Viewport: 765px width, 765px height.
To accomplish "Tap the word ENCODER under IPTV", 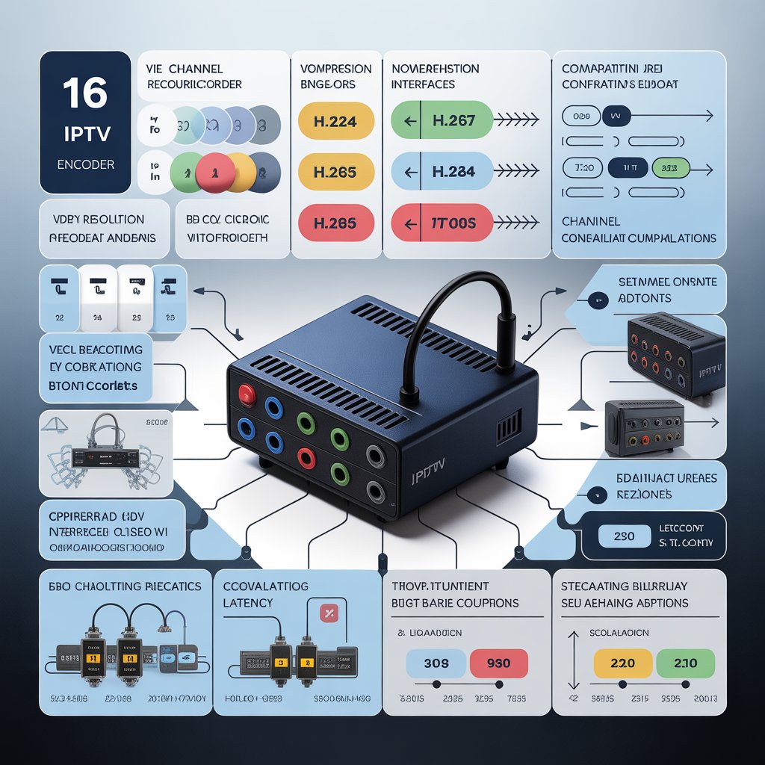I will (86, 164).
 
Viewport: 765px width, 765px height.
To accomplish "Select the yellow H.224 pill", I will (336, 121).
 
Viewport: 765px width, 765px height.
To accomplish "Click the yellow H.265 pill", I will (336, 172).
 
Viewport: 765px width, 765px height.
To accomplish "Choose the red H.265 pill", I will (336, 223).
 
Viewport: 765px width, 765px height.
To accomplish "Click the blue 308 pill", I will (436, 663).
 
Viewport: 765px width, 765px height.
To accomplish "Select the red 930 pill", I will (498, 663).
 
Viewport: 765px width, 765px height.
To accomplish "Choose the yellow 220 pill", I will (622, 663).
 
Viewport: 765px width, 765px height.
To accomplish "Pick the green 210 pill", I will (685, 663).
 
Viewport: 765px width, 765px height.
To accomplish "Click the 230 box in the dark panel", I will (623, 536).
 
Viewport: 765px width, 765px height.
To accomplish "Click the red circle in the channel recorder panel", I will (212, 173).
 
